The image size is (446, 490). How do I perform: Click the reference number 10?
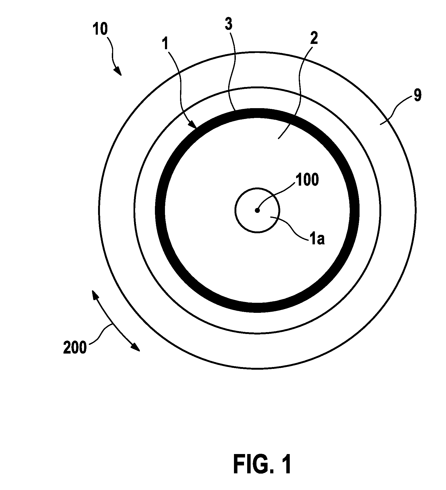(x=100, y=29)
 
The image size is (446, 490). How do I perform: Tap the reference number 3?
(x=228, y=25)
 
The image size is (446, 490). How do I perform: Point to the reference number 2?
(x=314, y=38)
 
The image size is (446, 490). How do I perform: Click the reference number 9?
(x=417, y=95)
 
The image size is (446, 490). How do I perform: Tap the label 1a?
(x=316, y=240)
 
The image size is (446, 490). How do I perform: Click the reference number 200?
(x=75, y=347)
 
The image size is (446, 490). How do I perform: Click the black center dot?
(x=257, y=210)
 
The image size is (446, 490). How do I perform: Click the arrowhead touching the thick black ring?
(x=192, y=125)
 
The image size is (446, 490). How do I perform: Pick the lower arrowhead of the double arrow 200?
(x=136, y=347)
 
